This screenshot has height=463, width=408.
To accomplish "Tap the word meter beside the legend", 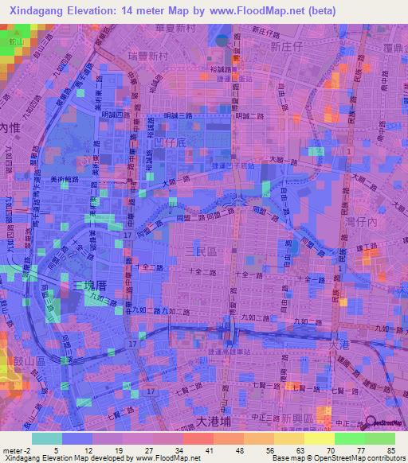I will [x=13, y=449].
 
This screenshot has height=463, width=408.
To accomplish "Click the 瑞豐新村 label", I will [x=147, y=56].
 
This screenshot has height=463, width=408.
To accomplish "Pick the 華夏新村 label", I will [x=184, y=27].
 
